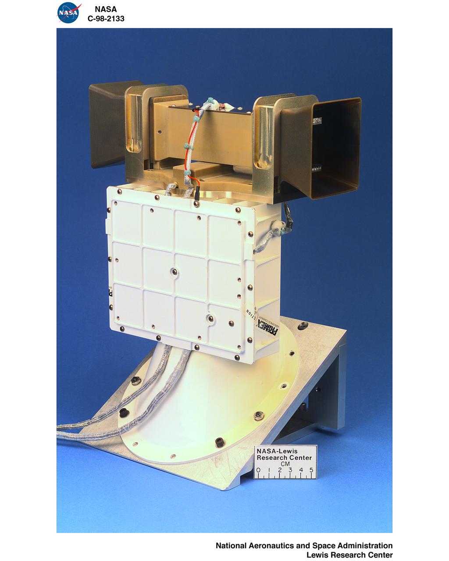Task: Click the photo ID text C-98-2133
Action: (x=106, y=18)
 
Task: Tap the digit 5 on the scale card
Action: (x=311, y=470)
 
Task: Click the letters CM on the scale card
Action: (x=285, y=464)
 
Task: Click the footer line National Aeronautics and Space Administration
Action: (x=304, y=546)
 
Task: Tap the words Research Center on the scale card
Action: (x=284, y=458)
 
